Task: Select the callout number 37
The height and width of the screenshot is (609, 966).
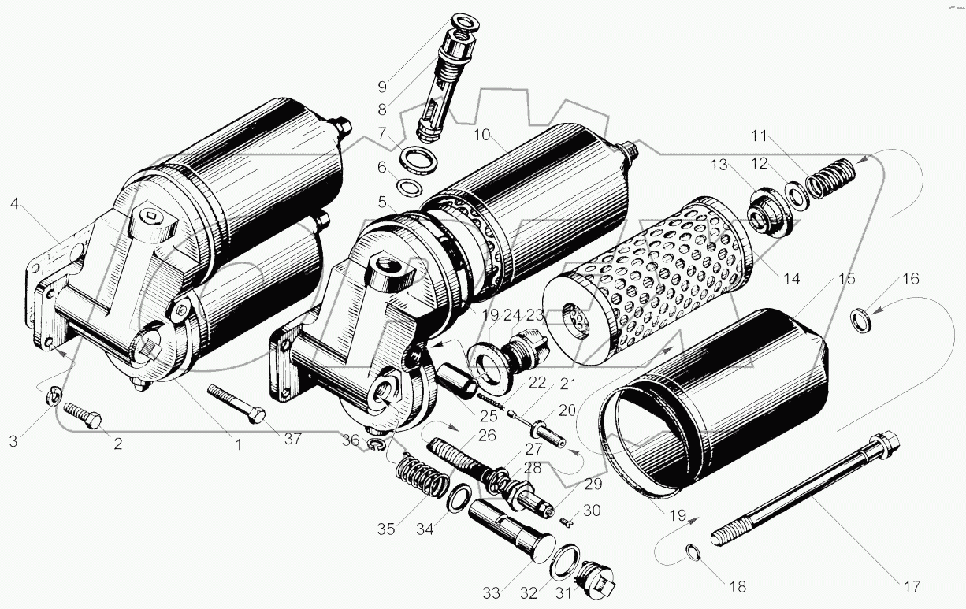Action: click(x=292, y=439)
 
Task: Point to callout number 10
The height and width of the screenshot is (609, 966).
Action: click(x=481, y=135)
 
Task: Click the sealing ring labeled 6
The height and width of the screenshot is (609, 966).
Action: click(x=407, y=188)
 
